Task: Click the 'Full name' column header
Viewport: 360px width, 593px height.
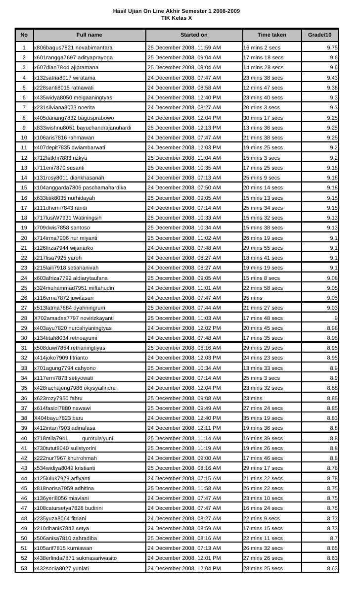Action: coord(89,35)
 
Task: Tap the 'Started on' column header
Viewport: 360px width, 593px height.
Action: coord(194,35)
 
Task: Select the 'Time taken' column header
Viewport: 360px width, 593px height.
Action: coord(272,35)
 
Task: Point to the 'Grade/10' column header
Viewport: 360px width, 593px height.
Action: coord(320,35)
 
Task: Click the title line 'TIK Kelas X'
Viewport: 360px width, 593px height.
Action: coord(177,18)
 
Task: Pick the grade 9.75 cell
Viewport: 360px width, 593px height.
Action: coord(332,48)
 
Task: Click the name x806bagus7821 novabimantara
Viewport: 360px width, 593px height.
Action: coord(73,48)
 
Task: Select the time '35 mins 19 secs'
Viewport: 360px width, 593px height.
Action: coord(263,418)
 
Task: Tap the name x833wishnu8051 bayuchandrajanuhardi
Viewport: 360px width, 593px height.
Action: coord(82,128)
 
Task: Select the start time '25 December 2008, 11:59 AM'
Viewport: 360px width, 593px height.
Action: coord(184,48)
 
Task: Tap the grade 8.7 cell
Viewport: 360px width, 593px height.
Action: coord(334,538)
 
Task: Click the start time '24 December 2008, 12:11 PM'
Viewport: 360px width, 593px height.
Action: coord(184,428)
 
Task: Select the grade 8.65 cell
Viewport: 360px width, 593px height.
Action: coord(332,548)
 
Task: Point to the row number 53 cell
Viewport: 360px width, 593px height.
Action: coord(24,569)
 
